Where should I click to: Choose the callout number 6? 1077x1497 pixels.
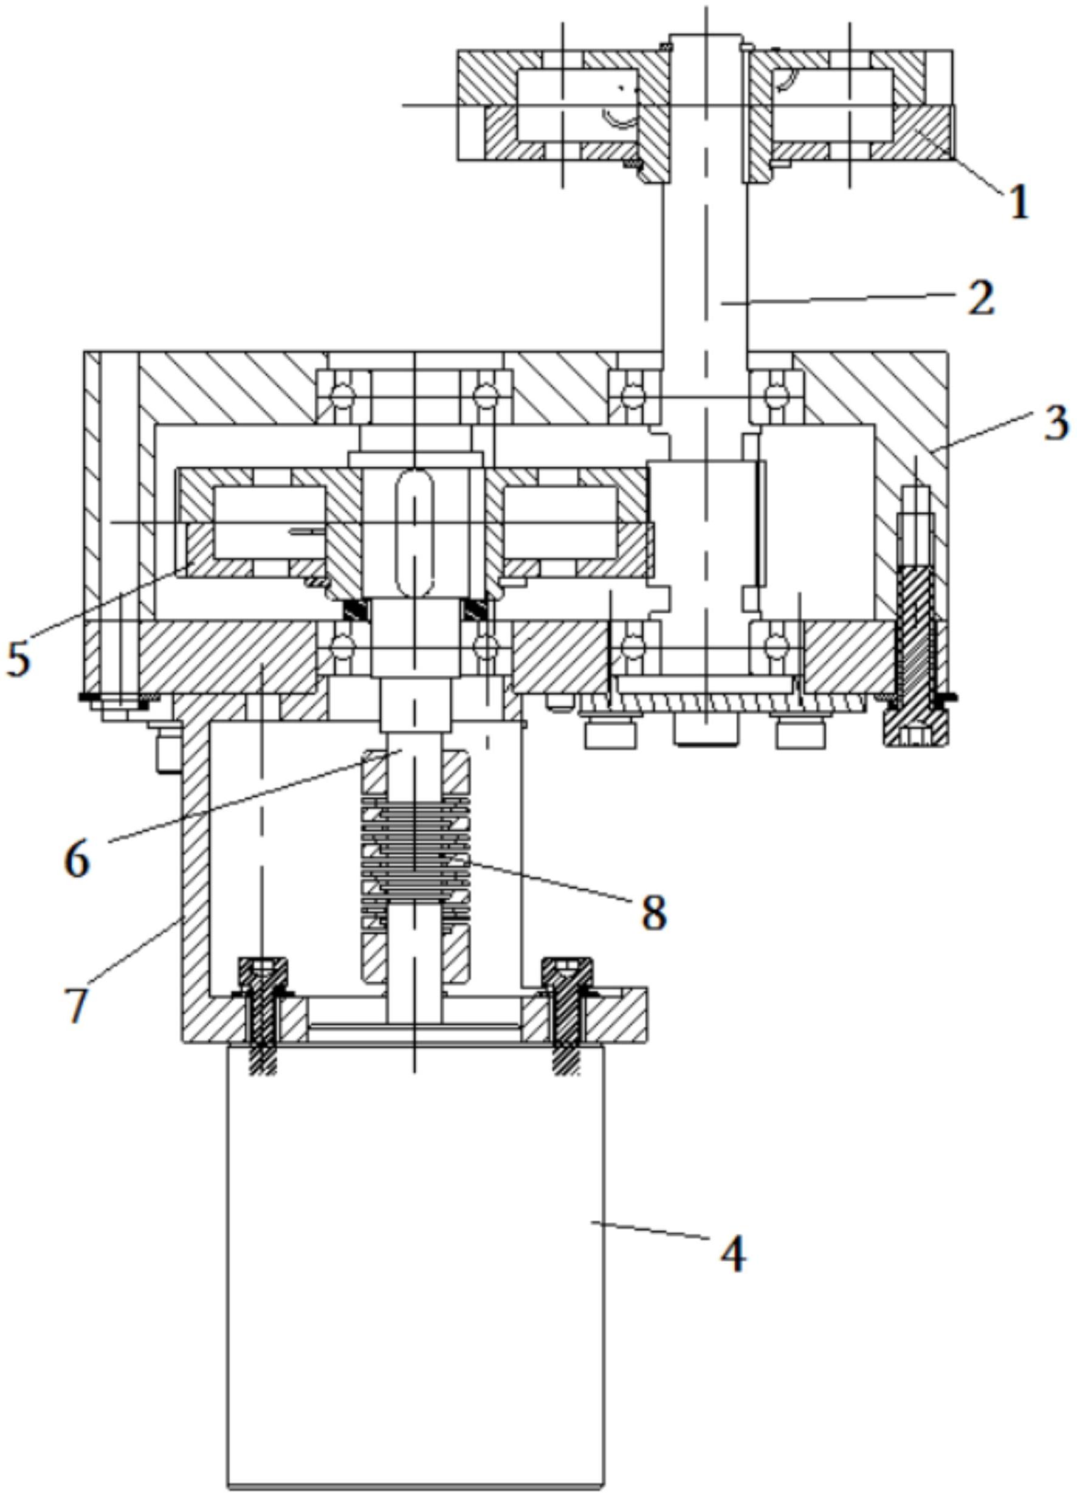pos(78,859)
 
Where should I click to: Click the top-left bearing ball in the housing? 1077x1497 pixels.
pos(344,397)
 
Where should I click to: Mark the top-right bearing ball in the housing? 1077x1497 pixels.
pos(776,397)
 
